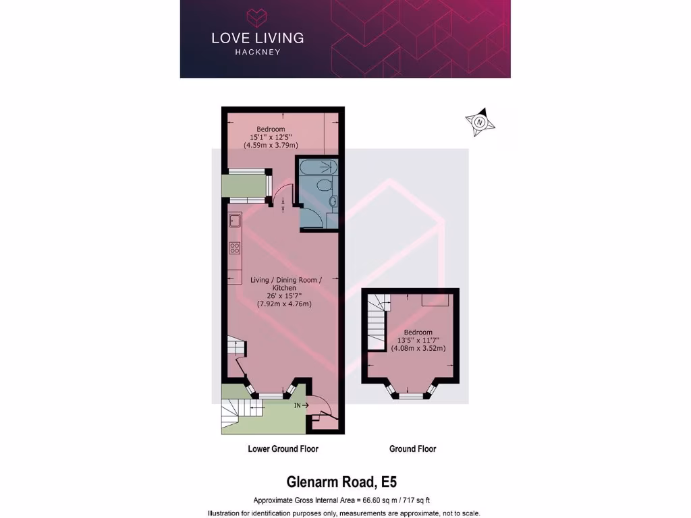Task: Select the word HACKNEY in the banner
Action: [257, 52]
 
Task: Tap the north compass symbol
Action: [480, 122]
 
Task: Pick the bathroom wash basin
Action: [332, 201]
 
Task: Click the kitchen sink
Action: [235, 221]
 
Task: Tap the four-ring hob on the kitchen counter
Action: [235, 248]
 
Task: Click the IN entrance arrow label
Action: [300, 405]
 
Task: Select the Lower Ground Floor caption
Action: [283, 449]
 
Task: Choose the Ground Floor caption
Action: [412, 449]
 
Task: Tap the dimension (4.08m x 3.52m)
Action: [418, 349]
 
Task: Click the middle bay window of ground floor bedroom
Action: [409, 396]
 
